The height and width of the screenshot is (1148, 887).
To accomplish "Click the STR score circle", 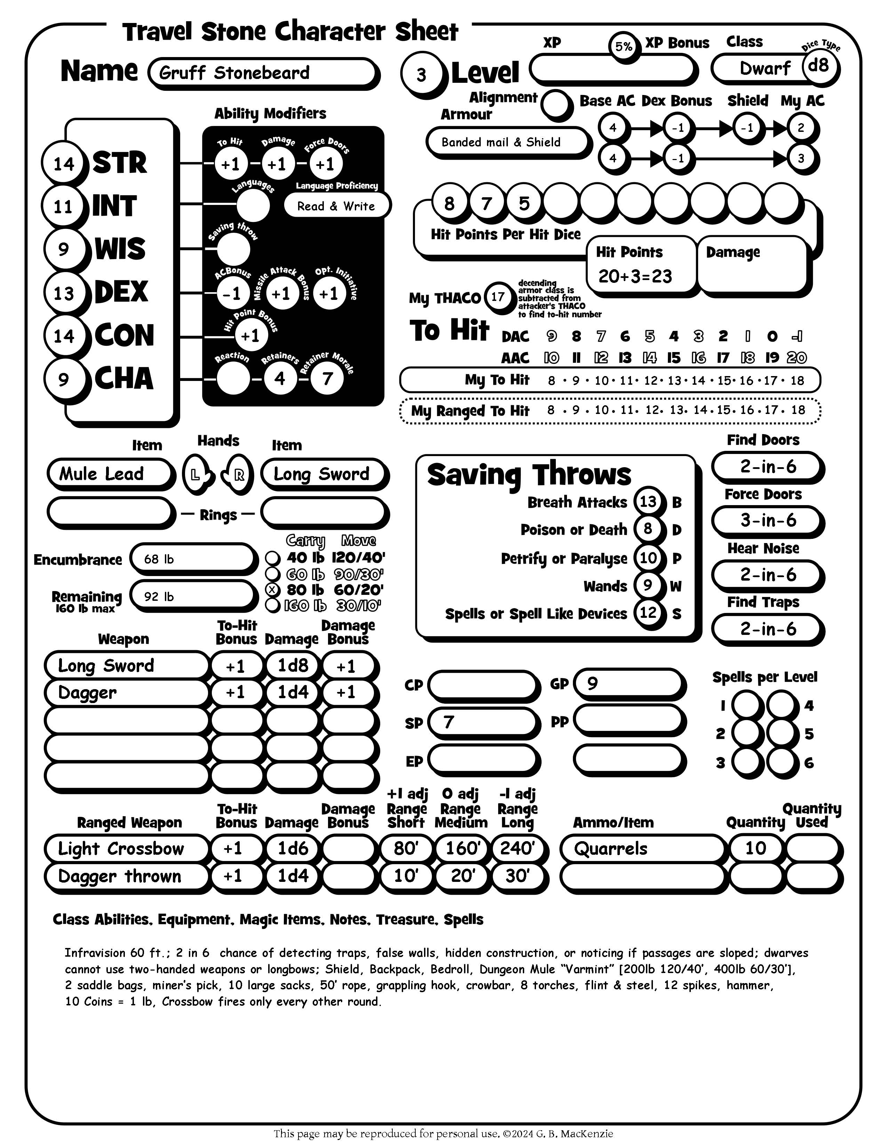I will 64,164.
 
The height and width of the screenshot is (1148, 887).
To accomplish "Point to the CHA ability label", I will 124,379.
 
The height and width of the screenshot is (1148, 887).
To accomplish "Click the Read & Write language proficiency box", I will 336,206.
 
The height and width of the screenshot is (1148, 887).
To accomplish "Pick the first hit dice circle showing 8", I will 449,203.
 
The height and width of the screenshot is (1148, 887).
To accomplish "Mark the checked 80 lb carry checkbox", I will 272,590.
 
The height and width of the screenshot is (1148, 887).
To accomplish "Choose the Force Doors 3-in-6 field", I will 767,520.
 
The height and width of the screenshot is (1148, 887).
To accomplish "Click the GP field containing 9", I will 629,683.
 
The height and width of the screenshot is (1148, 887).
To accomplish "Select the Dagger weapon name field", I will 126,693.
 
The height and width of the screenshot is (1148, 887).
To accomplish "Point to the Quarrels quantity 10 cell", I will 756,848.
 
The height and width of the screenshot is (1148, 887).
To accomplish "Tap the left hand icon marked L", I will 195,475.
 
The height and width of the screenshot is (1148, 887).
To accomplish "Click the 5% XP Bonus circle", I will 624,47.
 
